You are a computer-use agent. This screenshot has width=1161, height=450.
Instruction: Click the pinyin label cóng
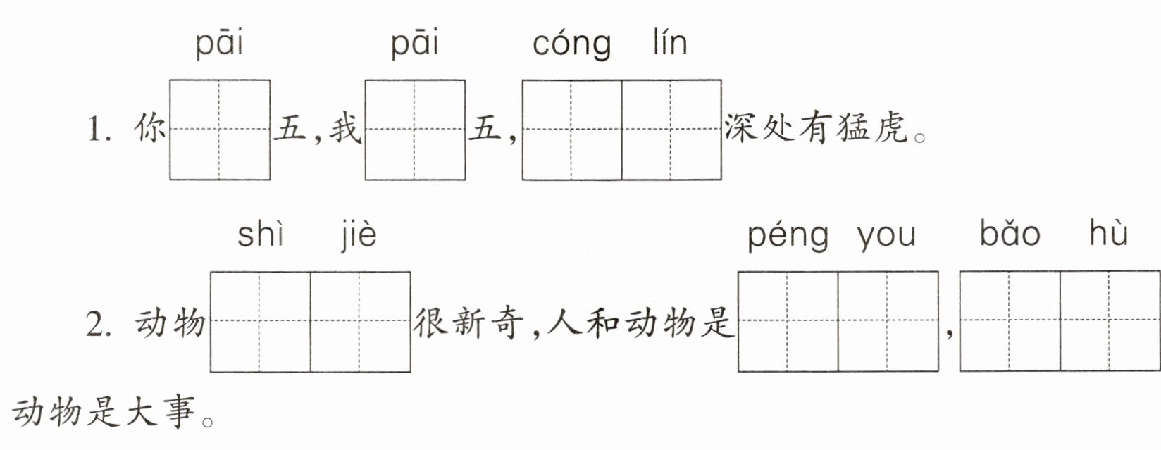571,45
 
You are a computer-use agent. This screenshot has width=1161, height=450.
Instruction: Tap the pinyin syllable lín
670,42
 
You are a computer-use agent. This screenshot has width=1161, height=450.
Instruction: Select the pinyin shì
260,234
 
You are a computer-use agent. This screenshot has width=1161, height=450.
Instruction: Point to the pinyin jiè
359,236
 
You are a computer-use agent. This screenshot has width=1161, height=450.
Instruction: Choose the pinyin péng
788,237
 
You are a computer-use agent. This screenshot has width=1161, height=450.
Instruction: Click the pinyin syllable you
886,238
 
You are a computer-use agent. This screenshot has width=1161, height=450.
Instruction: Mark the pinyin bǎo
1010,233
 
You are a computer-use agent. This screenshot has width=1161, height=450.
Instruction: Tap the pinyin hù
1108,233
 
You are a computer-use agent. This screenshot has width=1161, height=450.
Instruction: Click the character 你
149,128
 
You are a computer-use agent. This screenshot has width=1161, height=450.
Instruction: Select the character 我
344,128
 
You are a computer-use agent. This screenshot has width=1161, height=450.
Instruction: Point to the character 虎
891,128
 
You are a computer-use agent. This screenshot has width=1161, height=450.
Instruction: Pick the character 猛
852,128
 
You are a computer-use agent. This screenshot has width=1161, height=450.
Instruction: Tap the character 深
740,128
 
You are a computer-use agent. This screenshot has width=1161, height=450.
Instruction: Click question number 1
99,129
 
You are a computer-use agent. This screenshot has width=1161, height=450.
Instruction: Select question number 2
99,325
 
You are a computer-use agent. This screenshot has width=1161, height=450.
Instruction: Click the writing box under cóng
572,130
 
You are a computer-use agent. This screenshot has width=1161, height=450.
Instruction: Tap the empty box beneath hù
1110,321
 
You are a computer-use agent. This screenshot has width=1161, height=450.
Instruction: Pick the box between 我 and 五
415,130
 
